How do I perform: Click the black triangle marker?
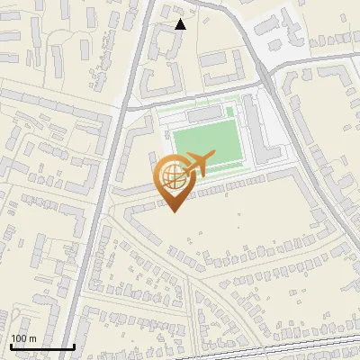pyautogui.click(x=180, y=24)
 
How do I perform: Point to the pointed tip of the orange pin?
pyautogui.click(x=174, y=211)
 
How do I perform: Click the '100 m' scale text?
pyautogui.click(x=23, y=338)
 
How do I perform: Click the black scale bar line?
pyautogui.click(x=41, y=346)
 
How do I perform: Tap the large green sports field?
pyautogui.click(x=209, y=145)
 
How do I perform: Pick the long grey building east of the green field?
pyautogui.click(x=256, y=135)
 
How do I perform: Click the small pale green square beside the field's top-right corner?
pyautogui.click(x=230, y=112)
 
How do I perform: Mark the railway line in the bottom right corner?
pyautogui.click(x=333, y=347)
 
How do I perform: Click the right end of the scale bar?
pyautogui.click(x=73, y=346)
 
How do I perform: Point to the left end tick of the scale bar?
pyautogui.click(x=10, y=345)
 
